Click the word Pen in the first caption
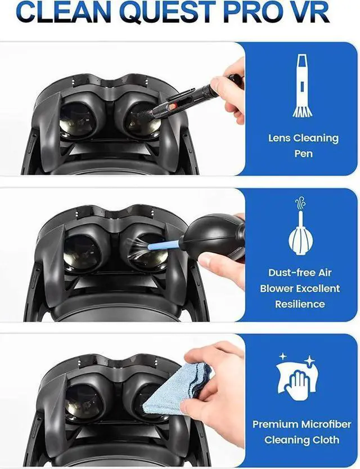[x=303, y=153]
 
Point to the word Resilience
[x=300, y=304]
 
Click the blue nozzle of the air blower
[x=164, y=245]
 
